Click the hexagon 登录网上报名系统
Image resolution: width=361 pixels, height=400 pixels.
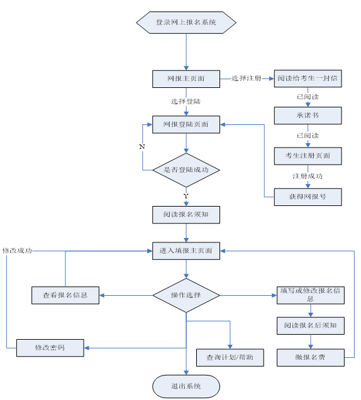[x=186, y=23]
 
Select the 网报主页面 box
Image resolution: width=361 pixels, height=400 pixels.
[x=186, y=79]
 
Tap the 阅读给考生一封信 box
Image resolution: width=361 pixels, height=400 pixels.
[x=308, y=79]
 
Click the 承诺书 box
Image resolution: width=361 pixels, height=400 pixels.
[x=308, y=116]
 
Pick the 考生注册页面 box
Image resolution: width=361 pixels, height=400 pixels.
[x=308, y=155]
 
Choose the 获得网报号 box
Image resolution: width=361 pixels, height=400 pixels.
[x=308, y=197]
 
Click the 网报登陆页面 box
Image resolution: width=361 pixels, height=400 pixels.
[x=186, y=124]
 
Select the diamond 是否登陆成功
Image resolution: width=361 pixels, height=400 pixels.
[x=186, y=170]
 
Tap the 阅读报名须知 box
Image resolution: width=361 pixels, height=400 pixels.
[x=186, y=214]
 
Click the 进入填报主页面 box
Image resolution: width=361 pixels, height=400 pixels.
[x=186, y=251]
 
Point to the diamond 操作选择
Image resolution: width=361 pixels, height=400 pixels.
[x=186, y=295]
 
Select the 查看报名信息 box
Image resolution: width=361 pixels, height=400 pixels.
[x=65, y=295]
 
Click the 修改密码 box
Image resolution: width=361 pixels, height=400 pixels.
[x=50, y=347]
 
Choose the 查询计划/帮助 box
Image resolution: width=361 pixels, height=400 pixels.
[x=230, y=357]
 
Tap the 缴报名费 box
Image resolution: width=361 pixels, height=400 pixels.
[x=311, y=357]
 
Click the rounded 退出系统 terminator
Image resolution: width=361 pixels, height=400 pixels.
[x=186, y=386]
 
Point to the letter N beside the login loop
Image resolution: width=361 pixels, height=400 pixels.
[x=142, y=146]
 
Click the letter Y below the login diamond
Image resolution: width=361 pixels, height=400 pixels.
[x=186, y=197]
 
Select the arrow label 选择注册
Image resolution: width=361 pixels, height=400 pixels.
[x=246, y=79]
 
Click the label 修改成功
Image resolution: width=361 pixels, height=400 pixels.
[x=17, y=251]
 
